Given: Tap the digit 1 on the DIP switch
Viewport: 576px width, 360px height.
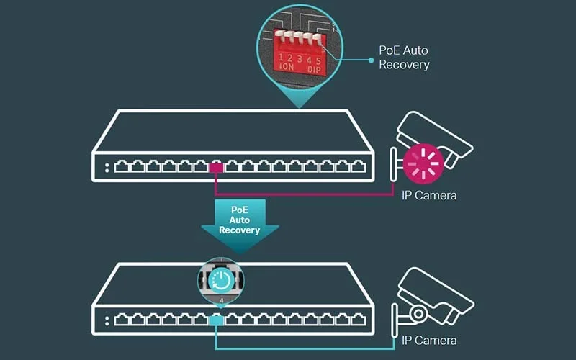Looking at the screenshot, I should (x=281, y=56).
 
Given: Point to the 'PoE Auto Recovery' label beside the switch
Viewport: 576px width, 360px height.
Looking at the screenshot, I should (x=404, y=58).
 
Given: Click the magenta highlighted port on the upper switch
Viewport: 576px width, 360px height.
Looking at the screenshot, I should (x=216, y=168).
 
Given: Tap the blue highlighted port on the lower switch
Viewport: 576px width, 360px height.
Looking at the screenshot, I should (x=216, y=320).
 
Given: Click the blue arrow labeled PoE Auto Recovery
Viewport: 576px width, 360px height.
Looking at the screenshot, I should (x=240, y=220).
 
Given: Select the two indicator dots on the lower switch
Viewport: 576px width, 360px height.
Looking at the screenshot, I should (x=106, y=320).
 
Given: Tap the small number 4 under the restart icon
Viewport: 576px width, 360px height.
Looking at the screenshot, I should (x=221, y=299).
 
